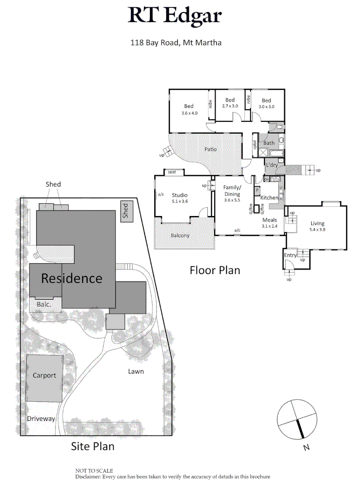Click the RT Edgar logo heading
coord(175,16)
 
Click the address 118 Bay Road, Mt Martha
coord(176,43)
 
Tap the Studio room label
coord(180,195)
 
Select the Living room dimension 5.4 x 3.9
coord(317,230)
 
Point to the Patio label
coord(210,149)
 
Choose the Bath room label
coord(269,143)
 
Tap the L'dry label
coord(272,165)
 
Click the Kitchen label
coord(269,197)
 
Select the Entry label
coord(290,255)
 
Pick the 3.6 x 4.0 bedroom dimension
coord(189,113)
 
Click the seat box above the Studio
coord(172,172)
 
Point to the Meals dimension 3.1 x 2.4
coord(269,226)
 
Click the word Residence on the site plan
coord(72,279)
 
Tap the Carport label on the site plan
coord(44,375)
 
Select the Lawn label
coord(136,371)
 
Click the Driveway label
coord(41,419)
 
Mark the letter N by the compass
coord(306,448)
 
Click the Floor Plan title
coord(215,270)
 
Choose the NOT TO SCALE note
coord(94,470)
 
